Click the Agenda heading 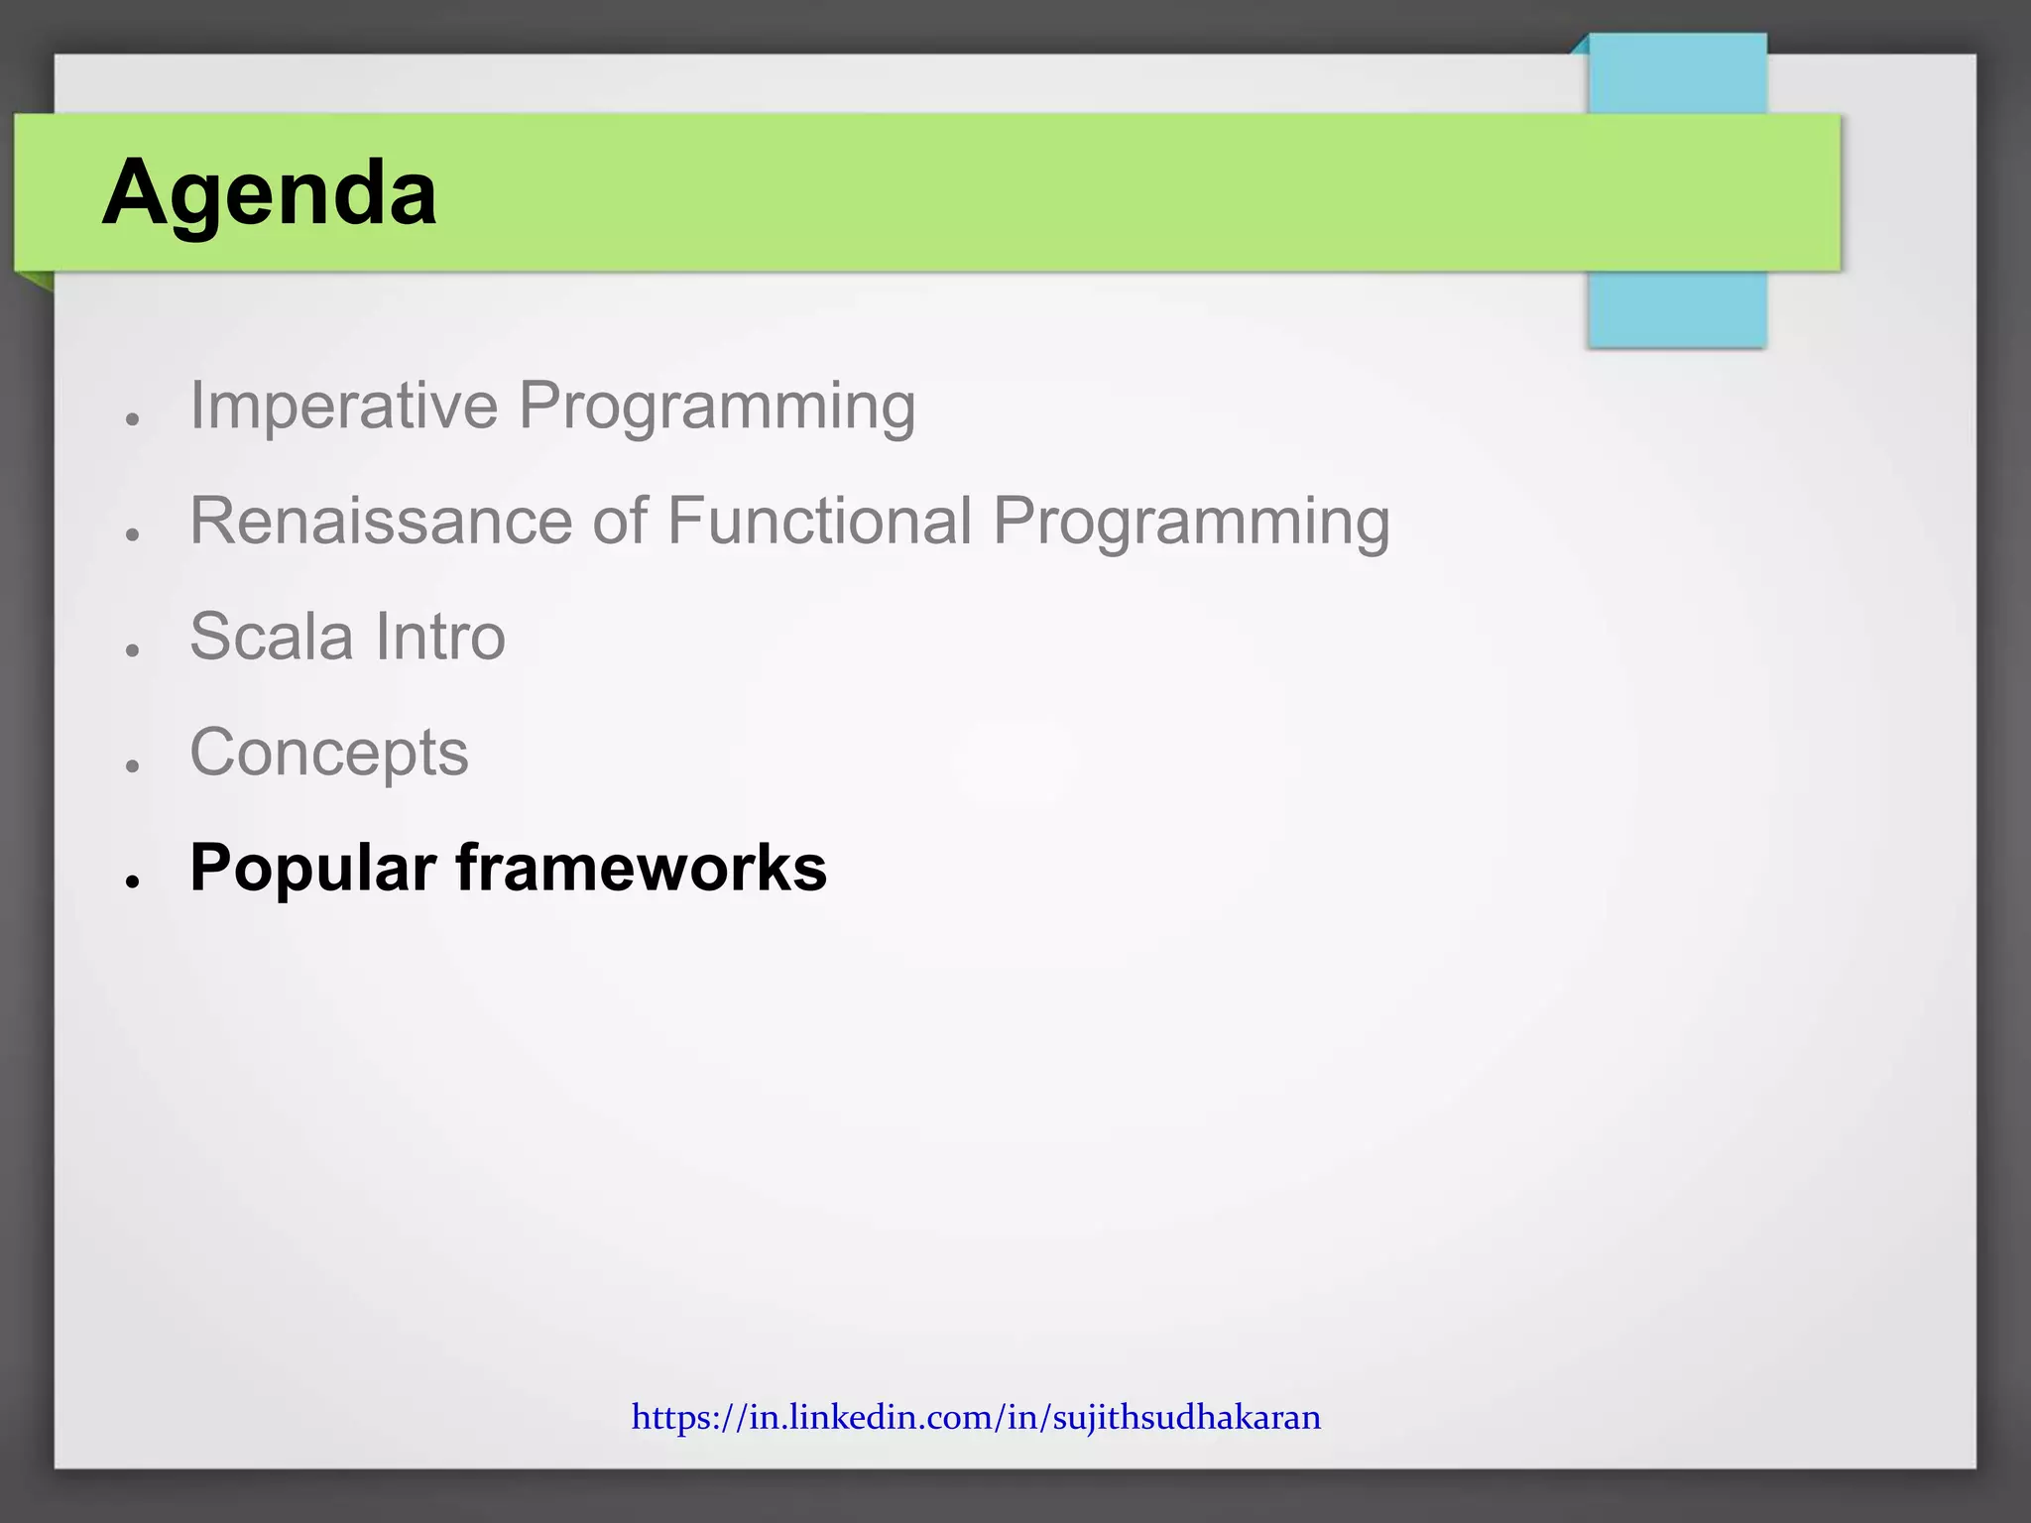(x=269, y=192)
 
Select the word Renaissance (x=381, y=521)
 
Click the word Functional (x=819, y=521)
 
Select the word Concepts (x=328, y=754)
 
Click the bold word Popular (x=312, y=870)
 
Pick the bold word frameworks (x=641, y=868)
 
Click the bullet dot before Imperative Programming (x=132, y=419)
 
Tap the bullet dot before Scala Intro (x=132, y=650)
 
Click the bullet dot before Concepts (x=132, y=765)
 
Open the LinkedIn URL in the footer (x=976, y=1417)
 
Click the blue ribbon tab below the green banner (x=1676, y=309)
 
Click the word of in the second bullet (x=620, y=521)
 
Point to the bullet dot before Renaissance (x=132, y=534)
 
